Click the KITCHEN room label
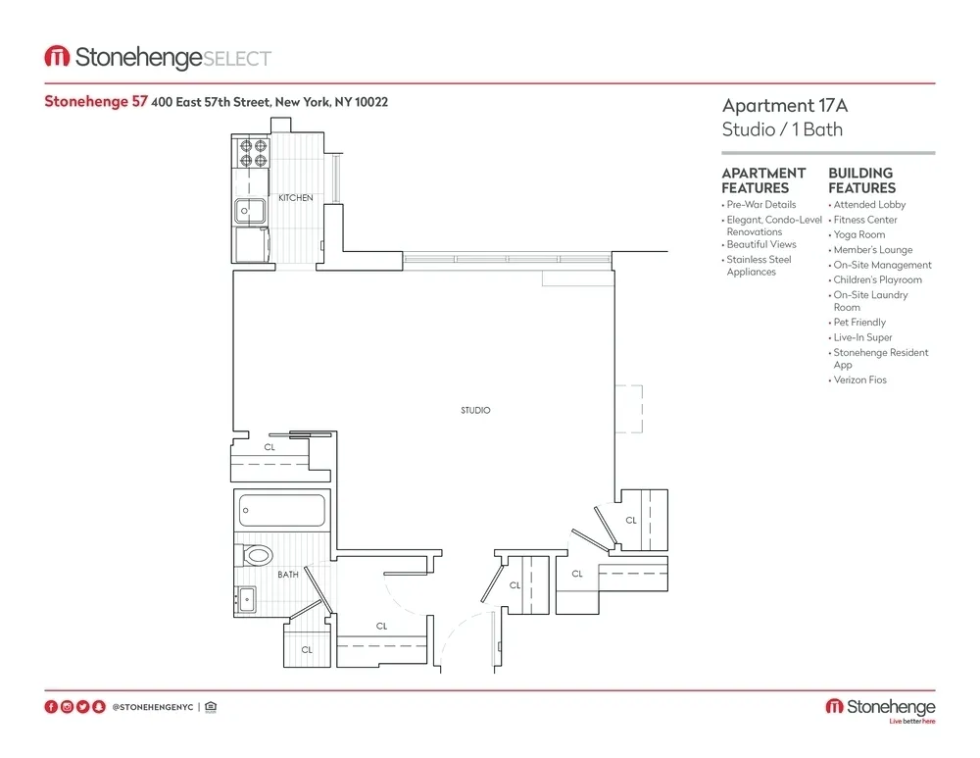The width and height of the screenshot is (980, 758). click(295, 198)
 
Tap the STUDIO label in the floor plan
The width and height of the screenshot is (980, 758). click(475, 410)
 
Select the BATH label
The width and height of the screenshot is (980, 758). click(288, 575)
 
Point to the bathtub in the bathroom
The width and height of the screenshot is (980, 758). click(282, 511)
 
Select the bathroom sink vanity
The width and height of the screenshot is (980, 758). click(245, 596)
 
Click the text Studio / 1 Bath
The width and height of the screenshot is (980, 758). click(782, 129)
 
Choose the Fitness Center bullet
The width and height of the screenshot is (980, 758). click(865, 220)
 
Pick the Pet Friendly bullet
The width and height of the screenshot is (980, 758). click(859, 322)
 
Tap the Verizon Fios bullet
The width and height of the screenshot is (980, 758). click(859, 379)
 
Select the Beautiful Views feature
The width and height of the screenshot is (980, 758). click(761, 244)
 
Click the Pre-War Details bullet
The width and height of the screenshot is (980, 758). click(761, 205)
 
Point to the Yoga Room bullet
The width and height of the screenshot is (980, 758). click(858, 234)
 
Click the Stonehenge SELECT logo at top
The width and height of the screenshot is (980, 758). click(158, 58)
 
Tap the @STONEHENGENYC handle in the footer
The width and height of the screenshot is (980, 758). click(152, 706)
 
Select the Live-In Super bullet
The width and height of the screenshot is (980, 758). click(862, 337)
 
